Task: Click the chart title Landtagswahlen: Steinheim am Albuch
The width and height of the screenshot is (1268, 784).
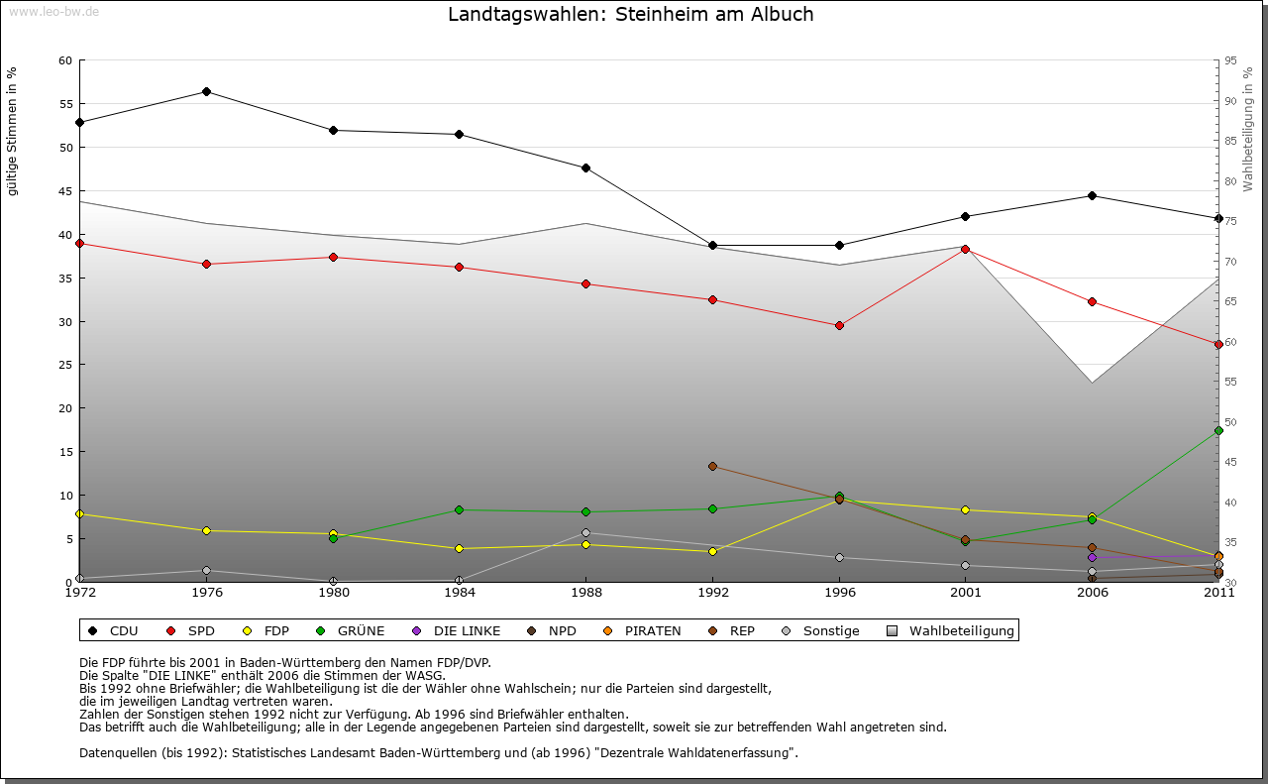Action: pos(630,15)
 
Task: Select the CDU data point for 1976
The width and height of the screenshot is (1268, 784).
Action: pos(206,91)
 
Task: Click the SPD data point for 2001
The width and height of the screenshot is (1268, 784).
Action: pos(966,249)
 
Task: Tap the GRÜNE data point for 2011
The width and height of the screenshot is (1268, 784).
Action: pos(1218,430)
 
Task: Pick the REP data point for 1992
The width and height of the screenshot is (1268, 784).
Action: pos(712,466)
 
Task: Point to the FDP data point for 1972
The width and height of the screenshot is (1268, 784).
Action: pos(79,513)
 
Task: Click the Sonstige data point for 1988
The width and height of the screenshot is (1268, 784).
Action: pos(585,532)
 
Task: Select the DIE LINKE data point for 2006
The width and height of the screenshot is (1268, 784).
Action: pos(1092,557)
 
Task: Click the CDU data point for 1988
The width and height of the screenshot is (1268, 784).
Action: pos(585,168)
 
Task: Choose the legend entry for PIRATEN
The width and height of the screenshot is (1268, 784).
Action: pos(652,630)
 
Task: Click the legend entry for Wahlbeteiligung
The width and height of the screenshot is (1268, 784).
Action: pos(961,630)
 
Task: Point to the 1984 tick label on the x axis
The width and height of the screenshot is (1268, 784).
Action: pos(459,593)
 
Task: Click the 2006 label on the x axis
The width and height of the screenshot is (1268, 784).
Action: pos(1092,593)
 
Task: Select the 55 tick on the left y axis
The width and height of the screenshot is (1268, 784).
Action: pos(65,104)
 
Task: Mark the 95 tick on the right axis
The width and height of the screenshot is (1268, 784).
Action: pos(1230,60)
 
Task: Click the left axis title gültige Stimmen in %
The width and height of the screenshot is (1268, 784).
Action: pos(13,131)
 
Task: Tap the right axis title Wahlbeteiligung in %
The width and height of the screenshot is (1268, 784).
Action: pos(1248,129)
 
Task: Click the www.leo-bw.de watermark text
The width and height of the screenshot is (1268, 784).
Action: pos(53,12)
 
